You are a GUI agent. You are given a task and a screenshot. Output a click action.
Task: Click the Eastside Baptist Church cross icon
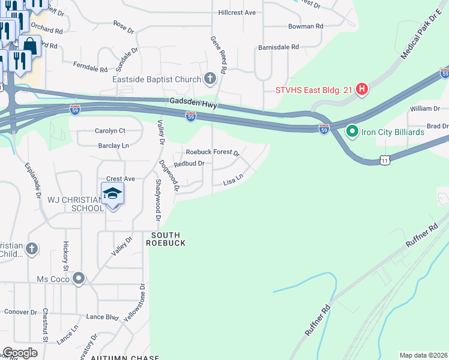pos(210,79)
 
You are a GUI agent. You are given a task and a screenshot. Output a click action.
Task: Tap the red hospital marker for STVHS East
pos(362,91)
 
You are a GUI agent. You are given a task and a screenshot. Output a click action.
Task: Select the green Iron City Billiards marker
pos(352,130)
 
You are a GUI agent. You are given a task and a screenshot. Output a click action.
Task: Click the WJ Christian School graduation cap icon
pos(112,194)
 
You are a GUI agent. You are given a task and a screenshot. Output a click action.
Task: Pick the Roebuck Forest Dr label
pos(212,152)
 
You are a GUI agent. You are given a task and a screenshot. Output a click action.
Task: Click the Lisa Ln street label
pos(233,179)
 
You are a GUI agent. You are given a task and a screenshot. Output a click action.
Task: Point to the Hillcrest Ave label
pos(237,12)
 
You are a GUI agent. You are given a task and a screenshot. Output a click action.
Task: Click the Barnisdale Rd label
pos(278,47)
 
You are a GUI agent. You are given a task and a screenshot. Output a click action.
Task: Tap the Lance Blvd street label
pos(102,316)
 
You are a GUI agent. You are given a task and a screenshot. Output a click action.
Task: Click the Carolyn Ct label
pos(110,130)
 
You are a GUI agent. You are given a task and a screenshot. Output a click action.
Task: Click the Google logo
pos(20,353)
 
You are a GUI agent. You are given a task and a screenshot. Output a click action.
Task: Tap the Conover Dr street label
pos(20,312)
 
